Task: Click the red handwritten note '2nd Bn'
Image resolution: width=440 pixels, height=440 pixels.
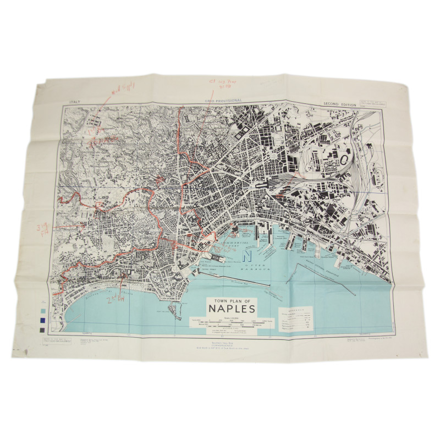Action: click(116, 302)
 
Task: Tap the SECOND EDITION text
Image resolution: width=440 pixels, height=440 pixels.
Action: click(338, 103)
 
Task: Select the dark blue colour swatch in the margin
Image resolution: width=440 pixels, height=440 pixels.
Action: click(43, 320)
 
